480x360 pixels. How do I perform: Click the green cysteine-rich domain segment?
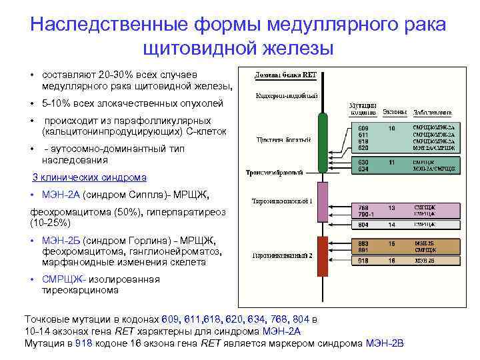pyautogui.click(x=323, y=141)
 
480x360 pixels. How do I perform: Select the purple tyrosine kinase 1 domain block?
pyautogui.click(x=323, y=202)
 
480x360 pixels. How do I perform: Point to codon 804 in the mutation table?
pyautogui.click(x=363, y=225)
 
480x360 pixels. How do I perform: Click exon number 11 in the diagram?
pyautogui.click(x=392, y=161)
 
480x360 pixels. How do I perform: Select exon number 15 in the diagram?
pyautogui.click(x=392, y=243)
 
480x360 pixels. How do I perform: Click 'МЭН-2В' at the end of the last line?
pyautogui.click(x=385, y=343)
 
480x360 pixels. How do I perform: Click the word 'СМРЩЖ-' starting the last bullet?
pyautogui.click(x=63, y=279)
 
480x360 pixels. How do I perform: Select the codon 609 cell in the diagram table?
pyautogui.click(x=363, y=127)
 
